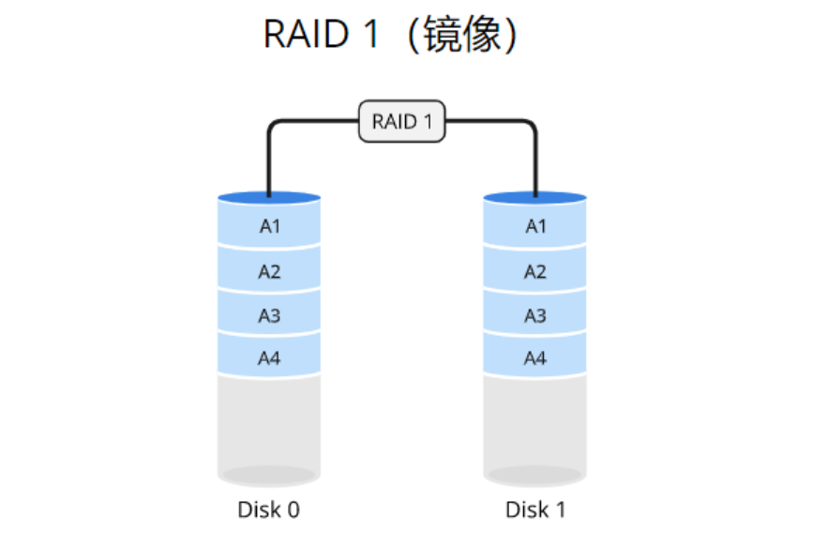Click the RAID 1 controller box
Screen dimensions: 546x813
(402, 122)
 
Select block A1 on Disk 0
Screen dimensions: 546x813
(269, 226)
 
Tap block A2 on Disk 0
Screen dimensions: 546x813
(269, 271)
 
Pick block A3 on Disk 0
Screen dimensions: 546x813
(269, 315)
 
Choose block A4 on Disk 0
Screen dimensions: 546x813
(269, 357)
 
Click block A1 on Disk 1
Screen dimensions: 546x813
(534, 226)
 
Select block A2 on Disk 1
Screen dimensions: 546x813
(534, 271)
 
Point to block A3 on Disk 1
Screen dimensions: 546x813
(534, 315)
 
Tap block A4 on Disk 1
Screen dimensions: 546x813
(534, 357)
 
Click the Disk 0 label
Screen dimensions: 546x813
(268, 509)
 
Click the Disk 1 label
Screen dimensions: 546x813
(535, 509)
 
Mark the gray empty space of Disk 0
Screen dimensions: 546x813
(269, 422)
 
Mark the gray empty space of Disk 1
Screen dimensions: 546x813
(534, 422)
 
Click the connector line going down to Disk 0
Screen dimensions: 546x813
(269, 159)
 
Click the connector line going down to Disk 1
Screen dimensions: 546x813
(535, 159)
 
